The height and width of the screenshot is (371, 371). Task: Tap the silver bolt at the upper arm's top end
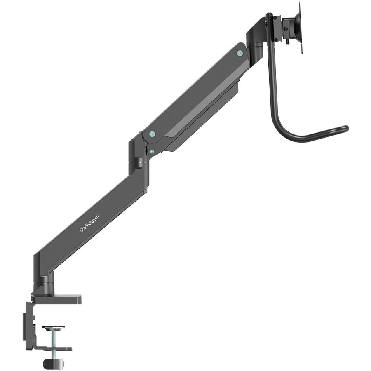point(240,53)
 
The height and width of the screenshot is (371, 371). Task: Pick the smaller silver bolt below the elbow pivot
point(152,151)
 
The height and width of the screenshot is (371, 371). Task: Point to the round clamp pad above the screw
point(54,328)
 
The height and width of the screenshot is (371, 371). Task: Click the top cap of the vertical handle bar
point(269,16)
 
